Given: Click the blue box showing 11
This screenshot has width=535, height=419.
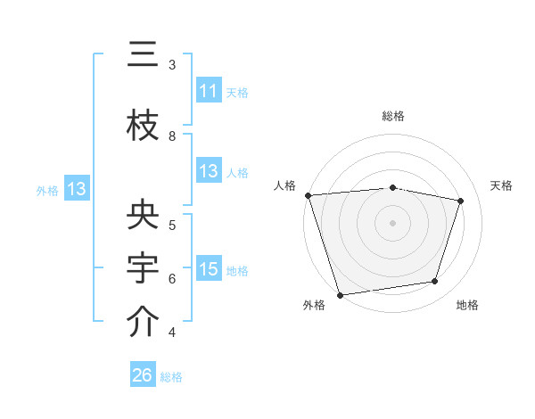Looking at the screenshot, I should point(209,91).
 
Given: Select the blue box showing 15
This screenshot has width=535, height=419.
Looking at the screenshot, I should point(209,269).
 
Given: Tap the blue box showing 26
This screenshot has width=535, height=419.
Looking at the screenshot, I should point(143,375).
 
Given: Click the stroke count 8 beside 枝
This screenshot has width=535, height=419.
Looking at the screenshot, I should point(172,136).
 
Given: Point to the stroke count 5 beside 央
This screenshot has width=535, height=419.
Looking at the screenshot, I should point(172,225).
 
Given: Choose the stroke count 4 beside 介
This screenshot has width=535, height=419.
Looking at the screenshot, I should point(172,333).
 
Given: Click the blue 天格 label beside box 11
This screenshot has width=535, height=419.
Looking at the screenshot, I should point(236,93).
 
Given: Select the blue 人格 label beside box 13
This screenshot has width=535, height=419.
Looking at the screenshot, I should point(236,173).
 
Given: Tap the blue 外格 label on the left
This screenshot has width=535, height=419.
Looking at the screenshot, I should point(47,190).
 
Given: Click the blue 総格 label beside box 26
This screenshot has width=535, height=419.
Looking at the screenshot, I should point(171,377).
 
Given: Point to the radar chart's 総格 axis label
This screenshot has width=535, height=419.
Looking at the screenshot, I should point(392,116).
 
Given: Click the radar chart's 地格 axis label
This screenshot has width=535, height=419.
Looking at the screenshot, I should point(467,306).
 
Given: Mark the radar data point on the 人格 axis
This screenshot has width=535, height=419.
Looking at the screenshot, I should point(308,195).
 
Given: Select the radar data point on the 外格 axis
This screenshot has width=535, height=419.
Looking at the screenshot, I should point(340,294).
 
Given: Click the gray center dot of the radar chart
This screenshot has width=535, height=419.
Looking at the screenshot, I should point(392,222).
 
